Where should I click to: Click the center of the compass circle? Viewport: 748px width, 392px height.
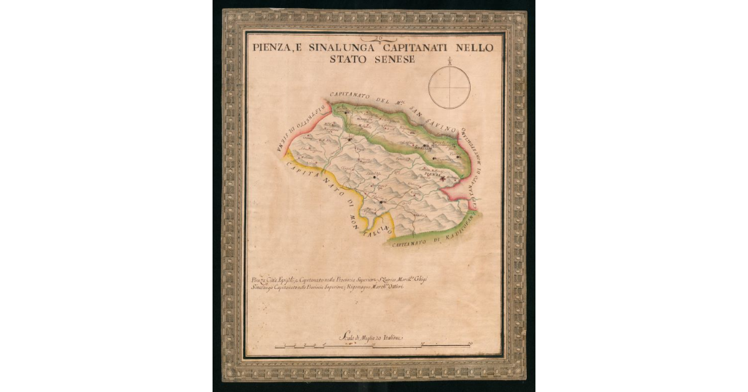click(x=449, y=87)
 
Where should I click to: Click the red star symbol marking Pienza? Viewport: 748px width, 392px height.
click(x=443, y=179)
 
